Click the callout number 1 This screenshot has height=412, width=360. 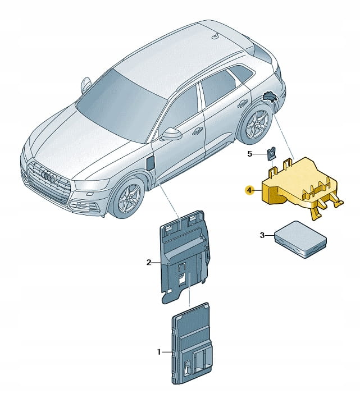158,351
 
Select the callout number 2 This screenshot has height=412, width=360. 149,262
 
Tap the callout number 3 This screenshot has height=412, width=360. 262,235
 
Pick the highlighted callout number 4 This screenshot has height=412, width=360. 249,190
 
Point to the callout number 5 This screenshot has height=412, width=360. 249,154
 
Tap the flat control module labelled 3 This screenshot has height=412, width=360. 300,239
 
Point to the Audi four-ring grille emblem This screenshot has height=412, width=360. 47,176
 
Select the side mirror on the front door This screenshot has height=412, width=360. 171,134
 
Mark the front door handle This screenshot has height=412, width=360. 197,131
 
